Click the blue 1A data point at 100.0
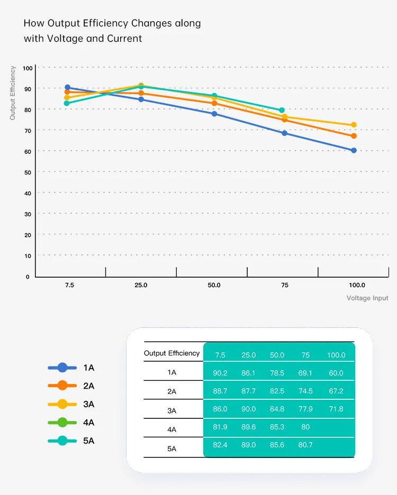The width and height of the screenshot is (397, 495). (x=354, y=150)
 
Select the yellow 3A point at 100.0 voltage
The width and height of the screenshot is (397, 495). (x=354, y=125)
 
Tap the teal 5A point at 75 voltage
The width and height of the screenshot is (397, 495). (x=282, y=110)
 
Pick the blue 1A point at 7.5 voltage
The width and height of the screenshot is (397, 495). (x=67, y=87)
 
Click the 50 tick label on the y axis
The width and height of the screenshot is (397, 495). (x=28, y=172)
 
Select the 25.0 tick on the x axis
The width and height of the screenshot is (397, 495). (x=141, y=285)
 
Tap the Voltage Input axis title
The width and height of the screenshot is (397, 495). (x=367, y=298)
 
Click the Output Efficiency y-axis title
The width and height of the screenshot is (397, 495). (x=13, y=93)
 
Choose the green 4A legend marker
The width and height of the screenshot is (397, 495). (x=62, y=422)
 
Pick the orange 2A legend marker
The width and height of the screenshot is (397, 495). (x=62, y=386)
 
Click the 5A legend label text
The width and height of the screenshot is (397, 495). (x=88, y=441)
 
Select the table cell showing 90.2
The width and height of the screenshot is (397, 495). (x=220, y=373)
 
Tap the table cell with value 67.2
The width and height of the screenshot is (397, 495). (x=336, y=391)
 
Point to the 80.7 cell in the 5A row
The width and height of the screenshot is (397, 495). (x=305, y=445)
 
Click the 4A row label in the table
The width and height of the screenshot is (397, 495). (x=172, y=429)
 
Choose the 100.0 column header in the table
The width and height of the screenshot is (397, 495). (x=336, y=355)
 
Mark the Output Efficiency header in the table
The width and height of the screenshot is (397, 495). (x=172, y=353)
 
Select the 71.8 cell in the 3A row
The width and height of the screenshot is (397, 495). (x=336, y=409)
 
